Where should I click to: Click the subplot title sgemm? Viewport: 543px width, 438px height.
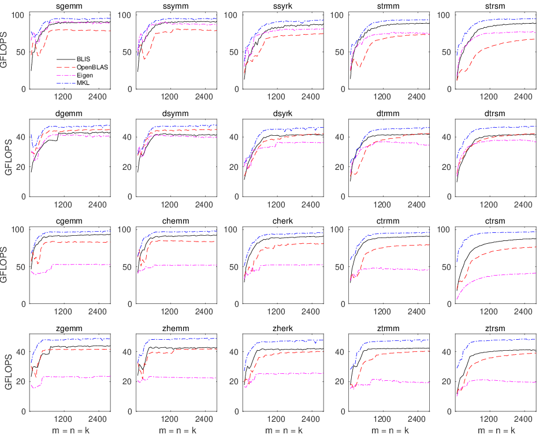[x=69, y=6]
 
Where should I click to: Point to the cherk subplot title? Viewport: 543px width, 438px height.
[x=282, y=221]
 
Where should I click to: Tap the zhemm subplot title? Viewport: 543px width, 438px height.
[x=176, y=329]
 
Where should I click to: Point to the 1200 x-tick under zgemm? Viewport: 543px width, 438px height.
[x=63, y=418]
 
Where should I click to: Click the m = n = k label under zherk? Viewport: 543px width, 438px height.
[x=282, y=430]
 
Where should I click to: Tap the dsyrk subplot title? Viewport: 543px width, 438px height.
[x=282, y=114]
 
